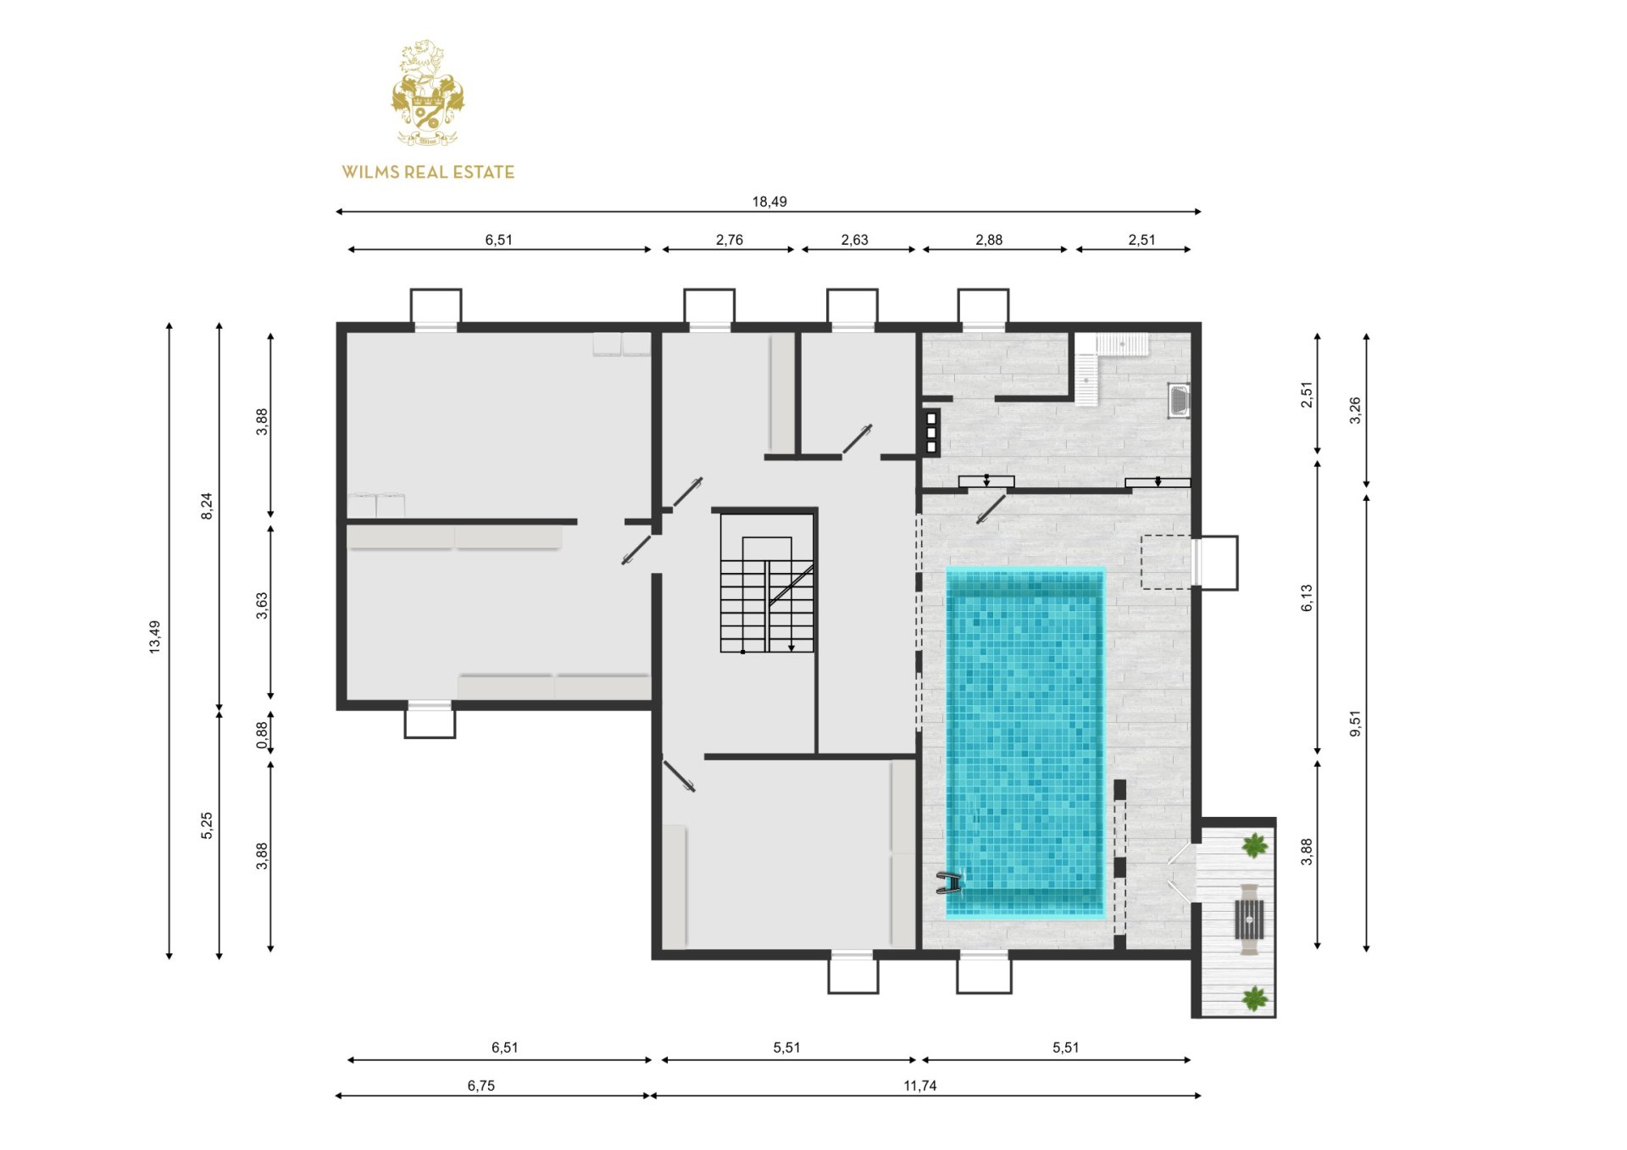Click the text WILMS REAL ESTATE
428,172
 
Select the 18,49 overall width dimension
769,202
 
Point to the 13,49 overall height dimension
154,636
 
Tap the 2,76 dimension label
730,240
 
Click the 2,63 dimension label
855,240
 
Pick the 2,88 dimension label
989,240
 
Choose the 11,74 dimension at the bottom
920,1086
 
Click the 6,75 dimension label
481,1086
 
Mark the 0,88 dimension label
263,735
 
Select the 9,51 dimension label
1355,723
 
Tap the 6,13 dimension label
1307,597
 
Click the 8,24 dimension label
207,506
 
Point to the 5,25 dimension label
207,825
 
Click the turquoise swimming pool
1025,743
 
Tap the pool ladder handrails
950,883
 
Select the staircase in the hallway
767,593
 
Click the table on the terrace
1249,919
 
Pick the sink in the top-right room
1179,401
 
